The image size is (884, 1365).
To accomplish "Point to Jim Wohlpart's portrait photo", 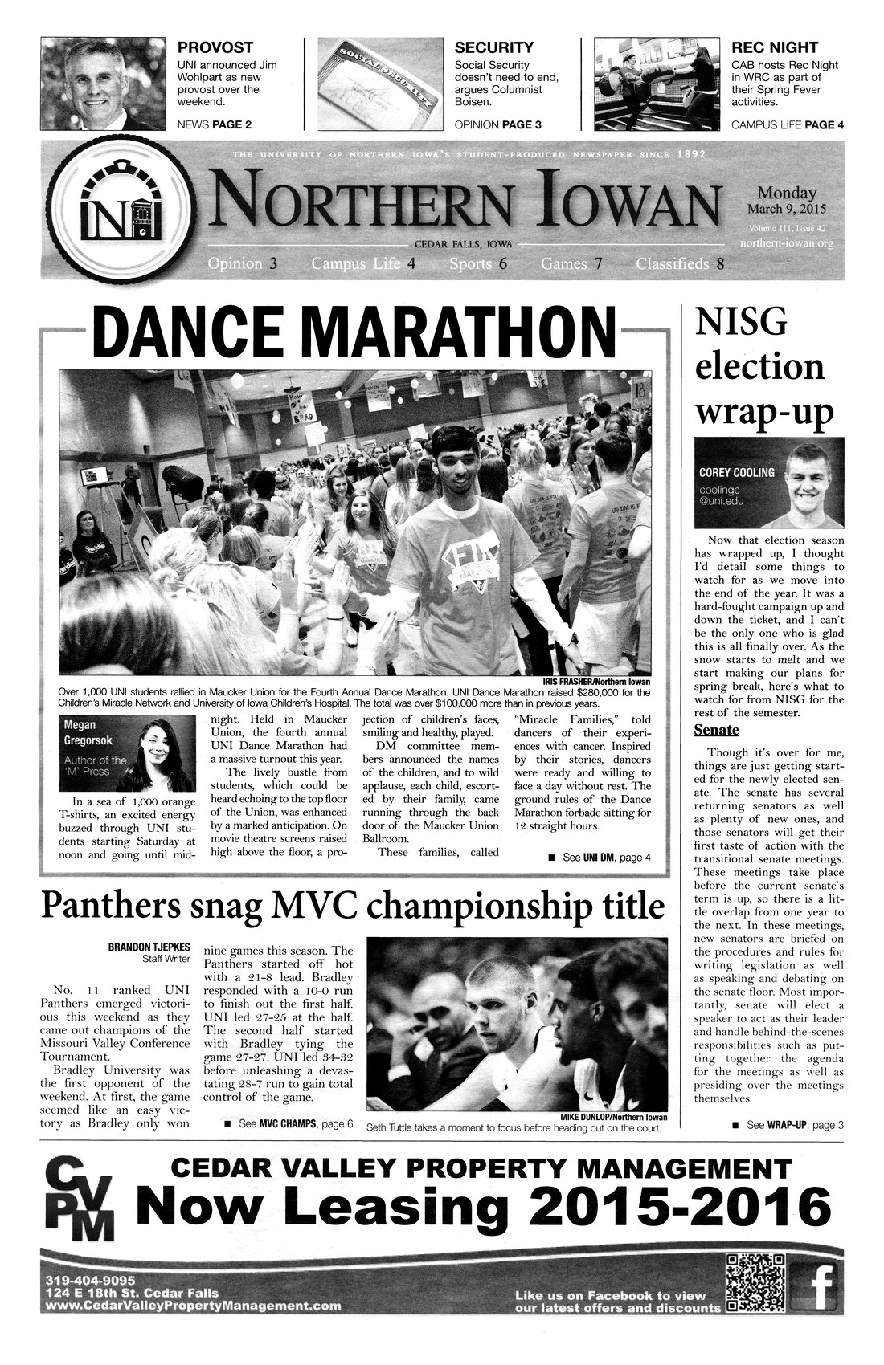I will [96, 84].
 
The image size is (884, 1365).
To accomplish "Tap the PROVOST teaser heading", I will [215, 47].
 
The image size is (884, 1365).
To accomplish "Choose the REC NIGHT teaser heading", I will [774, 47].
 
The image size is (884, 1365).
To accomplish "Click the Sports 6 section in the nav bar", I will [477, 263].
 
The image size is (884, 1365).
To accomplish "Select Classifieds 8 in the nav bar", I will [680, 263].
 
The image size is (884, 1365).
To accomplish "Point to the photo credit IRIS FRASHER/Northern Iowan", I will [600, 682].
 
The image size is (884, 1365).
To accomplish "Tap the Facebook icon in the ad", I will [816, 1282].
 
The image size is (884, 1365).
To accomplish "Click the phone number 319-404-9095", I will [91, 1279].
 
